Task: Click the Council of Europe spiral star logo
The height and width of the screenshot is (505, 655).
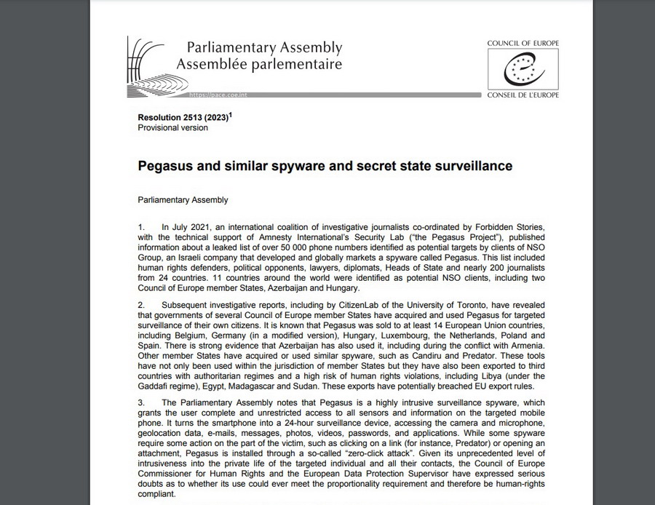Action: [x=523, y=71]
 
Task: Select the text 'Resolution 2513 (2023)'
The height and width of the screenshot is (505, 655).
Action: [x=182, y=117]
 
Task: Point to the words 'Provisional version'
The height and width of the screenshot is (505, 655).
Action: [x=172, y=128]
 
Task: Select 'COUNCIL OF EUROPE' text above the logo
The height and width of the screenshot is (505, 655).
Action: [x=523, y=44]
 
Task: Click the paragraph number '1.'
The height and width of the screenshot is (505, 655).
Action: [x=142, y=227]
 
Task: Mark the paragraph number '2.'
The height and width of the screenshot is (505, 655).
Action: [x=142, y=304]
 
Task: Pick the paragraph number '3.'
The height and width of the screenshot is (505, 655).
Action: [x=142, y=402]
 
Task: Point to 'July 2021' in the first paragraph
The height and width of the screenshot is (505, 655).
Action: [x=194, y=227]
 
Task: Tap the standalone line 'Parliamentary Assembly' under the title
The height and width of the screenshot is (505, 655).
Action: [x=183, y=199]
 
